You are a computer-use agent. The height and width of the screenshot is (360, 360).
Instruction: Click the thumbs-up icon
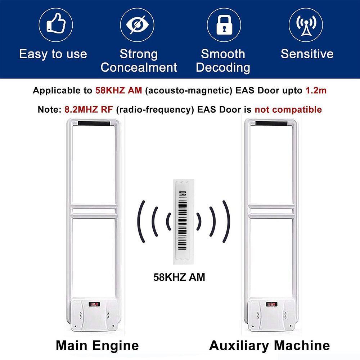click(x=56, y=23)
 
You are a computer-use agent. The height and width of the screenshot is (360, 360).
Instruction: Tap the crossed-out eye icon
click(x=137, y=25)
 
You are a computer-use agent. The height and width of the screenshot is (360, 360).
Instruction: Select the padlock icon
click(x=224, y=25)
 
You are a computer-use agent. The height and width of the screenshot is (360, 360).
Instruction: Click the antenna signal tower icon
click(x=306, y=25)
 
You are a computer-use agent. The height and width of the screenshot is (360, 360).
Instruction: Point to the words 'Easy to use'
click(x=53, y=54)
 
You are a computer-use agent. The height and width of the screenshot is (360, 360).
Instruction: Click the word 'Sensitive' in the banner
click(x=307, y=54)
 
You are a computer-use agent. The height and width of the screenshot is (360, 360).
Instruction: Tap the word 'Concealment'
click(x=139, y=68)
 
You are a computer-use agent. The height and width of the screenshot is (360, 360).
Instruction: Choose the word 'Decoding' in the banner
click(x=223, y=68)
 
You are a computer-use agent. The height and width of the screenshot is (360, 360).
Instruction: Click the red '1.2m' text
click(x=316, y=90)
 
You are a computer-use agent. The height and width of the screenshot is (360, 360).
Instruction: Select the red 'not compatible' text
click(x=288, y=109)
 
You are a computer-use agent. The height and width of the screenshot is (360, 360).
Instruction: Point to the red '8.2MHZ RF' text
click(x=89, y=109)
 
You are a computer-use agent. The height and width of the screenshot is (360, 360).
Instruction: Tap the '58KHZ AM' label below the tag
click(x=179, y=277)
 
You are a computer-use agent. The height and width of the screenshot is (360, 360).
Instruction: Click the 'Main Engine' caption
click(x=97, y=345)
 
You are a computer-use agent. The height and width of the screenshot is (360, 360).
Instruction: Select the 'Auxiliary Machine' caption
click(x=270, y=345)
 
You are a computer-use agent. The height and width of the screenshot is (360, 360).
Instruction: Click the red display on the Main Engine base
click(x=94, y=305)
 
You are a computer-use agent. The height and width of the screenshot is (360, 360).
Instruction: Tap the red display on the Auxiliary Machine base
click(x=271, y=305)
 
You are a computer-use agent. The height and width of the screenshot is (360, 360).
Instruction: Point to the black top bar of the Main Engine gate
click(x=94, y=123)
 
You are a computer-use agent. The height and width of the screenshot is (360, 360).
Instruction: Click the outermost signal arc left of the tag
click(x=141, y=221)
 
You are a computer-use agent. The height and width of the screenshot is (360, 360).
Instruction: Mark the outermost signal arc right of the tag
click(x=226, y=221)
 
